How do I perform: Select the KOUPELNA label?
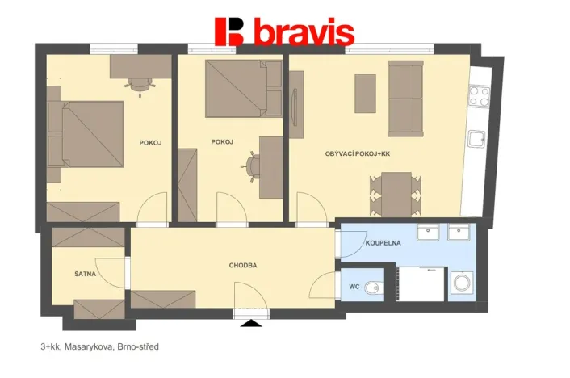(383, 242)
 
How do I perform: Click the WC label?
(354, 286)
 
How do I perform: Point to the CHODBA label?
(243, 265)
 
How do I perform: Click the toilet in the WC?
(372, 288)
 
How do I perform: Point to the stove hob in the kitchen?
(479, 97)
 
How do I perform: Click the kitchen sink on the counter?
(477, 139)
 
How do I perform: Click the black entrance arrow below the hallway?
(252, 323)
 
